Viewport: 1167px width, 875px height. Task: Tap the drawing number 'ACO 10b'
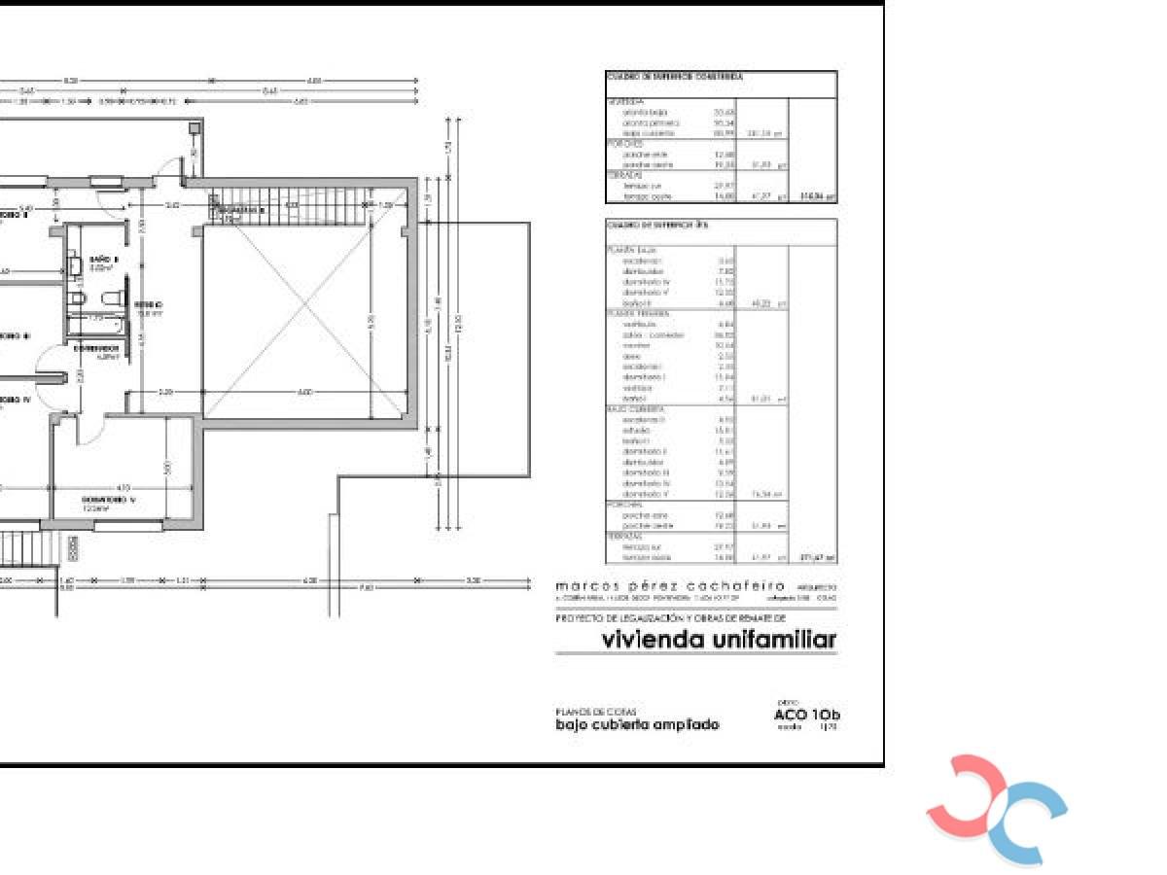pos(806,716)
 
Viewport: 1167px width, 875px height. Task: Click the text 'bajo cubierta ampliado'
pos(637,724)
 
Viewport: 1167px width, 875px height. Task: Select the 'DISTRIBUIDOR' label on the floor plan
pos(97,347)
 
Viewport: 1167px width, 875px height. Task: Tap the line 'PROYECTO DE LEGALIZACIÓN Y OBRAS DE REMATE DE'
pos(670,617)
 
